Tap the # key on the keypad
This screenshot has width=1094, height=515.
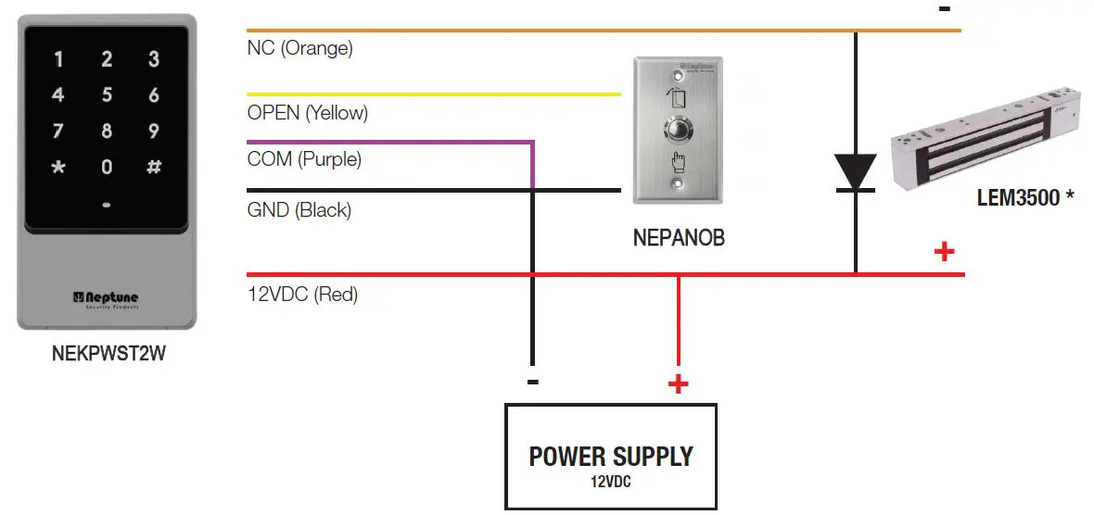point(154,168)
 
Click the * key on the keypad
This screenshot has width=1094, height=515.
point(58,168)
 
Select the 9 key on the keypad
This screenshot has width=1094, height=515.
point(154,132)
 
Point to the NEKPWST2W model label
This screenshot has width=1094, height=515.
point(108,353)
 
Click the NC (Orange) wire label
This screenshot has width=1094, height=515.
point(299,48)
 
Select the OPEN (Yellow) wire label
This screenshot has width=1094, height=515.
point(308,113)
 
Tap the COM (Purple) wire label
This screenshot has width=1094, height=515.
point(304,159)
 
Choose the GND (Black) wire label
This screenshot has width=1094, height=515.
point(299,210)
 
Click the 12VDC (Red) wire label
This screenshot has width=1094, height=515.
point(302,295)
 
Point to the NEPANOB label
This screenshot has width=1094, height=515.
point(679,238)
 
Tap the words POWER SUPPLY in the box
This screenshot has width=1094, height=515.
point(611,457)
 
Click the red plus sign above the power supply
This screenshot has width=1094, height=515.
point(679,383)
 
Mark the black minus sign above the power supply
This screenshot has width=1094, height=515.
point(532,382)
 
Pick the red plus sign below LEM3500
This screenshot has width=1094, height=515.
point(944,251)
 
